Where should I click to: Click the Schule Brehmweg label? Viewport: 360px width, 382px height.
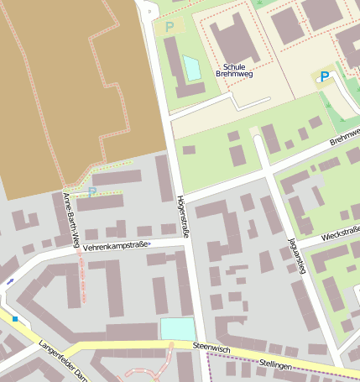pyautogui.click(x=234, y=70)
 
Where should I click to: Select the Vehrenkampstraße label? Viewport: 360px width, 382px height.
pyautogui.click(x=116, y=246)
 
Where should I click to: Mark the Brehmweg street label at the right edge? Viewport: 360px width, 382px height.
pyautogui.click(x=344, y=138)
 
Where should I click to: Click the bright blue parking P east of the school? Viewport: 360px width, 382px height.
pyautogui.click(x=324, y=77)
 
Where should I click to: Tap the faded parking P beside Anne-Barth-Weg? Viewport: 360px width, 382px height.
pyautogui.click(x=91, y=192)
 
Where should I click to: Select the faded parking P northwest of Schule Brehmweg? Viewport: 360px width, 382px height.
pyautogui.click(x=170, y=27)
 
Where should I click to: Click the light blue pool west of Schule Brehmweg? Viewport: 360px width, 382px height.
pyautogui.click(x=192, y=68)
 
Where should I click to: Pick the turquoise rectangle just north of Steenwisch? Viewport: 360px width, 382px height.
pyautogui.click(x=177, y=328)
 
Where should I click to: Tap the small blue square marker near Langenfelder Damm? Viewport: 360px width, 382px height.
pyautogui.click(x=15, y=319)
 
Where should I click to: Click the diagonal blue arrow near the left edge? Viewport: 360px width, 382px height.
pyautogui.click(x=10, y=281)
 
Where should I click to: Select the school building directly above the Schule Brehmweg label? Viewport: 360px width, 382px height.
pyautogui.click(x=234, y=41)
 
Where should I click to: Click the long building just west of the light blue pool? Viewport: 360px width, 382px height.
pyautogui.click(x=174, y=65)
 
